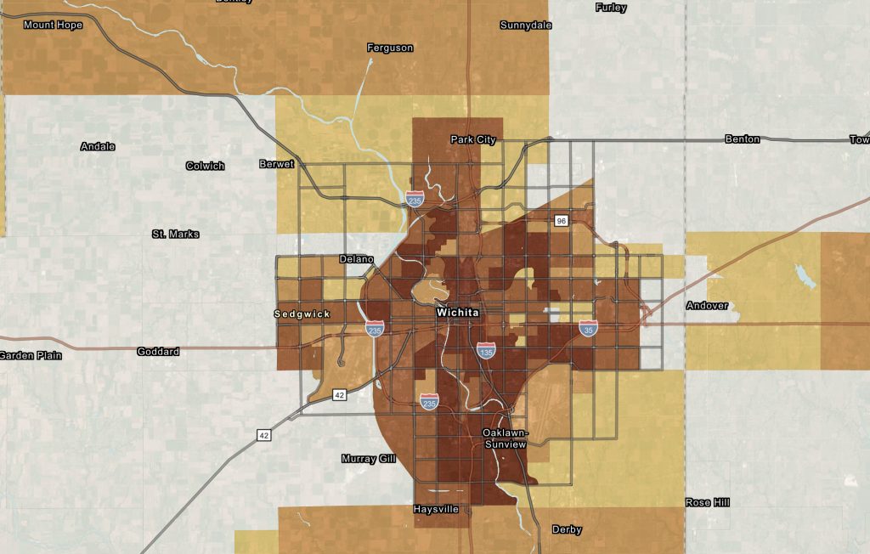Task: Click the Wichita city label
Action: [457, 313]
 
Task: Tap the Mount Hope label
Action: [53, 25]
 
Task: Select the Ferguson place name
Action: [390, 48]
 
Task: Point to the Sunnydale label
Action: [526, 25]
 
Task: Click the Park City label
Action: [473, 139]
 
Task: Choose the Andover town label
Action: [707, 305]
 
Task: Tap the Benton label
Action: [742, 138]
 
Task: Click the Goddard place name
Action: [158, 351]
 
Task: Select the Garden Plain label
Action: [31, 355]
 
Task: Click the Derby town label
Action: [567, 529]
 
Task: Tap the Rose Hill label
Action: [707, 502]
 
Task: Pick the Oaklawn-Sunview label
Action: [505, 438]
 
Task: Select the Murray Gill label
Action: [370, 459]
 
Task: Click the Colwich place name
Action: [205, 166]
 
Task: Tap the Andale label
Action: [98, 146]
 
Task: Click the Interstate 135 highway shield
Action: [486, 350]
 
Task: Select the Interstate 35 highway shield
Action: [589, 328]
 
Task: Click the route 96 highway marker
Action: [561, 221]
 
